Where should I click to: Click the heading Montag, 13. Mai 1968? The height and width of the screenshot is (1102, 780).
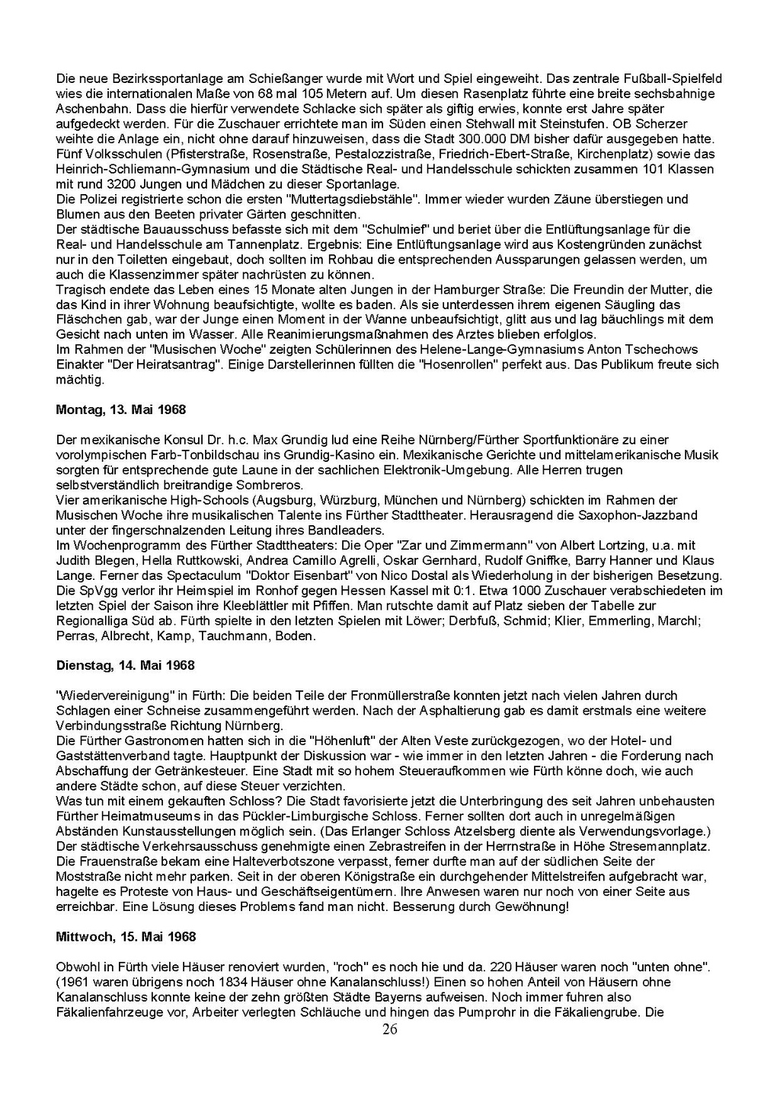click(x=121, y=409)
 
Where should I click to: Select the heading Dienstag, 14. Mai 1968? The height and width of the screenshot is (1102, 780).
click(x=126, y=665)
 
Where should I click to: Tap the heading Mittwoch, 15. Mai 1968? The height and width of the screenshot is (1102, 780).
click(x=126, y=936)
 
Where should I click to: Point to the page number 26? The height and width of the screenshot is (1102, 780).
click(x=389, y=1030)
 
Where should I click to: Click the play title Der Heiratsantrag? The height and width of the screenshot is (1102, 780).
click(x=163, y=365)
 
